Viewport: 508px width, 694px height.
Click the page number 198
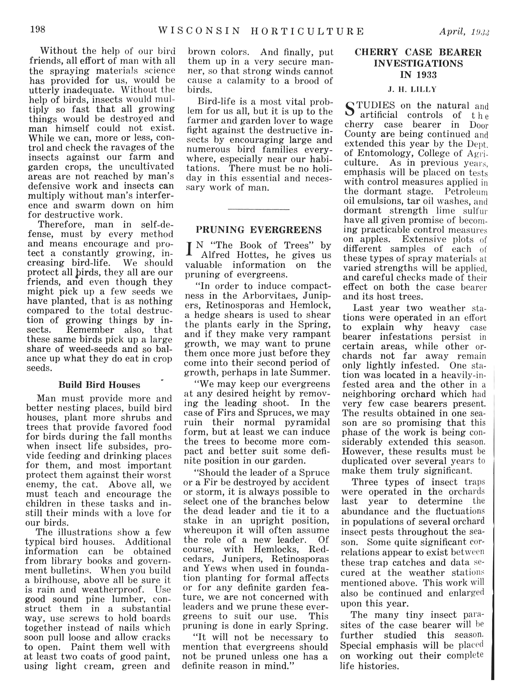click(38, 30)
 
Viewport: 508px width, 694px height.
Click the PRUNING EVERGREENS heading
click(259, 230)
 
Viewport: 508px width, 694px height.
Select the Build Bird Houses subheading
click(99, 385)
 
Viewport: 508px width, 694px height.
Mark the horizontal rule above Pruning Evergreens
click(259, 210)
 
